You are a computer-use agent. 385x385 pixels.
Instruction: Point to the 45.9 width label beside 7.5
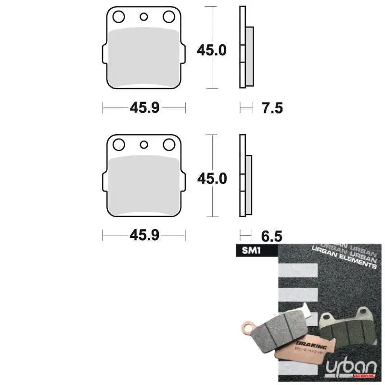pos(144,108)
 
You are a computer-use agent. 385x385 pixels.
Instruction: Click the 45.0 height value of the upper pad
pos(212,50)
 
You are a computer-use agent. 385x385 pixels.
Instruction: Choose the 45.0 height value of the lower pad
pos(212,178)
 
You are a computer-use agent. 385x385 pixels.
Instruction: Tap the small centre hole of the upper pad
pos(143,17)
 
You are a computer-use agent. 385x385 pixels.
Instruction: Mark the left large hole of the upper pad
pos(118,17)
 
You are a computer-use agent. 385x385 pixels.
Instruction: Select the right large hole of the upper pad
pos(168,17)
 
